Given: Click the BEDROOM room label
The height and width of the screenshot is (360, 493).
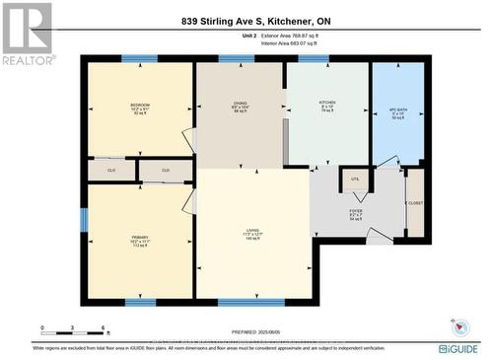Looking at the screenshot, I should pos(139,105).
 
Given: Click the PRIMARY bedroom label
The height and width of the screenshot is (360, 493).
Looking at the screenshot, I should pos(139,239).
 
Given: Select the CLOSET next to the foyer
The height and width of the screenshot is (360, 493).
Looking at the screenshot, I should pos(415,204).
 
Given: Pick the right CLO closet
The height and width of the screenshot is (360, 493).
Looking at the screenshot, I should pos(165,171).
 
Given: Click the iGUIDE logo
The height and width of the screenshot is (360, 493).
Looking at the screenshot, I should pos(458,348).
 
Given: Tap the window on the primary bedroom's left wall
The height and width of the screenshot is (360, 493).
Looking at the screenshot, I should pos(84,218).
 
